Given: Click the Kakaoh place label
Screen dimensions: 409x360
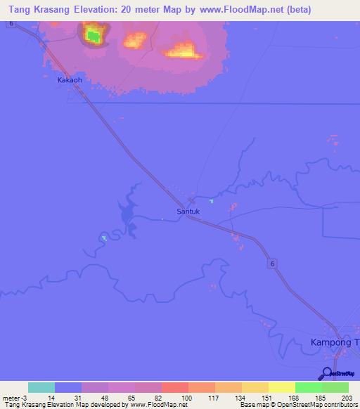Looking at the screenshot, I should pyautogui.click(x=70, y=80).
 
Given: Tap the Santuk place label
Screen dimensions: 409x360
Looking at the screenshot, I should pyautogui.click(x=188, y=210).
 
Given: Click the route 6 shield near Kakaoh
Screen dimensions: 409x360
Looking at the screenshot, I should pyautogui.click(x=12, y=23).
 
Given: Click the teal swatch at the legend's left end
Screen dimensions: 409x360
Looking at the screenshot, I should pyautogui.click(x=41, y=387).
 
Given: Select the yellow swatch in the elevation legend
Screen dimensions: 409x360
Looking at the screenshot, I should pyautogui.click(x=282, y=387).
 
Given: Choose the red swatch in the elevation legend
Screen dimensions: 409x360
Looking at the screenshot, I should pyautogui.click(x=175, y=387).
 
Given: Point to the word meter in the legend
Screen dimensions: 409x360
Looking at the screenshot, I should pyautogui.click(x=11, y=397).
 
